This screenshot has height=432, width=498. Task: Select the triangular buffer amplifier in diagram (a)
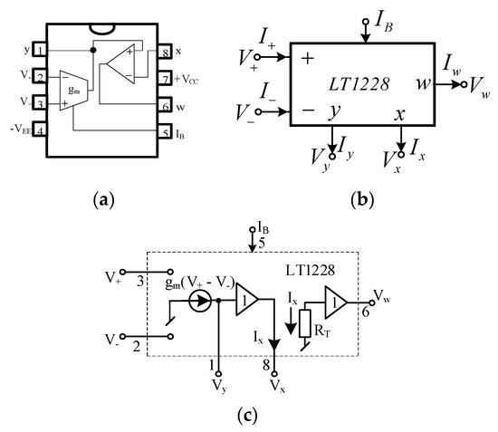click(x=118, y=65)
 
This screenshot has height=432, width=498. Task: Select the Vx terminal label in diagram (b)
click(x=384, y=167)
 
